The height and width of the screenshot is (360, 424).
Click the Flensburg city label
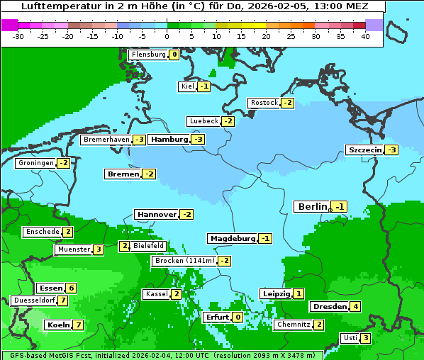(148, 55)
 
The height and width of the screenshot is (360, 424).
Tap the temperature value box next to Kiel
(204, 86)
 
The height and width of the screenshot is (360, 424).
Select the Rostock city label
(264, 103)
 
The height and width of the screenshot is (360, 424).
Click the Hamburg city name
(169, 140)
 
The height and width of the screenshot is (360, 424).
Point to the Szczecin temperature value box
(391, 150)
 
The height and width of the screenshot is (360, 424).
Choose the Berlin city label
(313, 206)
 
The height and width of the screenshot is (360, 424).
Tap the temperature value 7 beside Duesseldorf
(63, 300)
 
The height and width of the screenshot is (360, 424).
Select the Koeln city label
(57, 325)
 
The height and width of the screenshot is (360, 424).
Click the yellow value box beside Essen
(71, 288)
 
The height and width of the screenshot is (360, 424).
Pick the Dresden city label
(329, 307)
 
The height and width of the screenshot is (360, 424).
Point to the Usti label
(350, 338)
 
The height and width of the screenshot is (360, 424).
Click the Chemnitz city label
(293, 325)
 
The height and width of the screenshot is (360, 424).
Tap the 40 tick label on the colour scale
(365, 36)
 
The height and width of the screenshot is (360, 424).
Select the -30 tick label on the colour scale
(19, 36)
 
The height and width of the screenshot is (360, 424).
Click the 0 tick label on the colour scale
(167, 36)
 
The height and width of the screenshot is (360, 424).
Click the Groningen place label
(35, 163)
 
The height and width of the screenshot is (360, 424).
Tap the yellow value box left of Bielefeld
(124, 246)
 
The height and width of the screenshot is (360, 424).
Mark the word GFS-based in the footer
(23, 355)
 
